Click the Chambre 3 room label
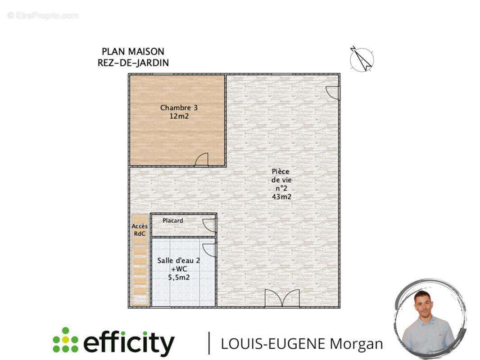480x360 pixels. (x=179, y=108)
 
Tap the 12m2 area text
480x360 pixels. (x=179, y=116)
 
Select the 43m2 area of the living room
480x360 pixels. (x=281, y=197)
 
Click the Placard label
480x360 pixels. (x=173, y=220)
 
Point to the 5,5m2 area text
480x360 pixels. (x=179, y=277)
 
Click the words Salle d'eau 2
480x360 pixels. (x=179, y=261)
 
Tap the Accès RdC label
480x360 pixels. (x=140, y=230)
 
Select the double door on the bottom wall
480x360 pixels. (x=282, y=298)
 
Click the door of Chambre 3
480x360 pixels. (x=202, y=160)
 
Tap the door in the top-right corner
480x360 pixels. (x=333, y=93)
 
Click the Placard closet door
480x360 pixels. (x=209, y=225)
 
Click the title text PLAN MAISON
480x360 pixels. (x=133, y=52)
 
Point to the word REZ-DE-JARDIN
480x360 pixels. (x=133, y=63)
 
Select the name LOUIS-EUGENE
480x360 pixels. (x=273, y=344)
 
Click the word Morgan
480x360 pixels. (x=356, y=344)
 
